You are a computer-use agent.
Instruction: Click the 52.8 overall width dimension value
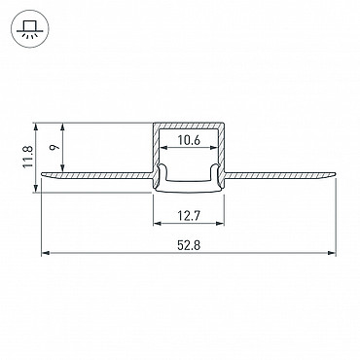click(189, 245)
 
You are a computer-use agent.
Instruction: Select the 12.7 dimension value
click(189, 215)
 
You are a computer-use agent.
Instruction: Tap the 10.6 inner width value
click(189, 140)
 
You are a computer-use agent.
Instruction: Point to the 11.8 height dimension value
click(28, 157)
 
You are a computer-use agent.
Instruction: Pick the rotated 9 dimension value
click(55, 147)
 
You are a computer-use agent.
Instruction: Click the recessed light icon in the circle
click(30, 29)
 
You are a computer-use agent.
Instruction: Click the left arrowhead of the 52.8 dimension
click(46, 253)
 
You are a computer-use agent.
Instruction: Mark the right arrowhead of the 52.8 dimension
click(332, 253)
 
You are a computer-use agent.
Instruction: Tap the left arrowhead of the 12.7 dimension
click(157, 223)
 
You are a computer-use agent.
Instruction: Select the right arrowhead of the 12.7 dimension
click(220, 223)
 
